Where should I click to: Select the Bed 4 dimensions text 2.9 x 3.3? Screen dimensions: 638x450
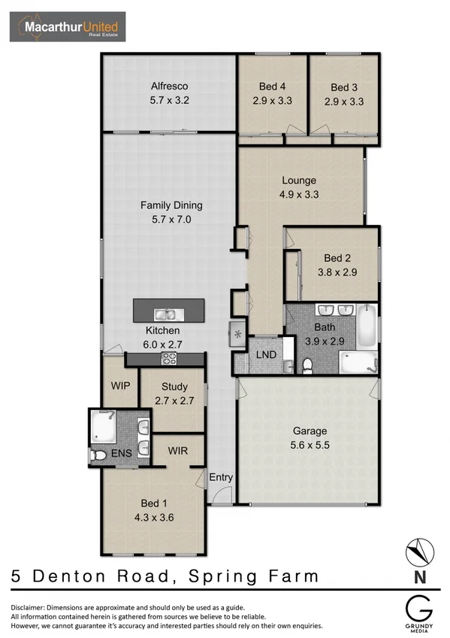click(x=271, y=100)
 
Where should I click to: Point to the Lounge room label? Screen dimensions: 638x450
click(x=299, y=181)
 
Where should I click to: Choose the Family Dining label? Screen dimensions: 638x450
click(x=171, y=205)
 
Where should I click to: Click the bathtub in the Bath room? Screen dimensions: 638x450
click(x=367, y=326)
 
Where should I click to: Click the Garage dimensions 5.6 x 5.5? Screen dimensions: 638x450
click(x=309, y=445)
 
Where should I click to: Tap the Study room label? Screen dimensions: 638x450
click(x=174, y=388)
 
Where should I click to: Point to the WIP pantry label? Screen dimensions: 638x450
click(x=121, y=386)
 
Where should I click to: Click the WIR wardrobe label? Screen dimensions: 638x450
click(x=177, y=451)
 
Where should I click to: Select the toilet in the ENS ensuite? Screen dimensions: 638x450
click(x=98, y=455)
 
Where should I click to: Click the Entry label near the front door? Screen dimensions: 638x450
click(x=221, y=477)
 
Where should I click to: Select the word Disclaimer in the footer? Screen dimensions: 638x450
click(x=33, y=607)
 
